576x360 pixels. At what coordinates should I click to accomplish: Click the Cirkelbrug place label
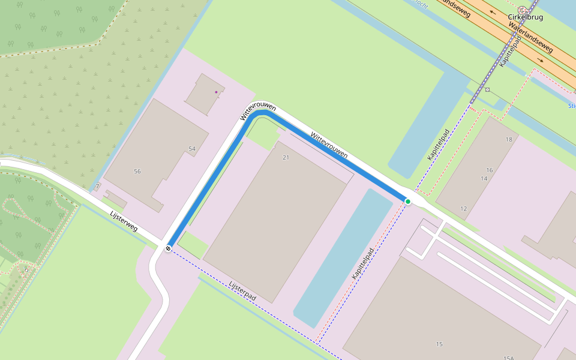click(525, 17)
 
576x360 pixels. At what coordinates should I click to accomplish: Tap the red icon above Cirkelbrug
click(522, 10)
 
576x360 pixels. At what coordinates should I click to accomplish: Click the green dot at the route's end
click(408, 202)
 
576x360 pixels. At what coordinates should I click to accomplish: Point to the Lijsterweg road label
click(124, 221)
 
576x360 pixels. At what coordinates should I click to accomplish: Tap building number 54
click(192, 149)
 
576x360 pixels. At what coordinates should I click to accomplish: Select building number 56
click(137, 172)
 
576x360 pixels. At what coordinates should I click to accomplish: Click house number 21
click(286, 158)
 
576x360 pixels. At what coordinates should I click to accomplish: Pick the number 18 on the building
click(509, 140)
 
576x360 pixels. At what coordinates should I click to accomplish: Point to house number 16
click(489, 170)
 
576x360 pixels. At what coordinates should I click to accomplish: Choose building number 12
click(463, 209)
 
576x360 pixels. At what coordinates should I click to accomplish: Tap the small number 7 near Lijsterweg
click(97, 187)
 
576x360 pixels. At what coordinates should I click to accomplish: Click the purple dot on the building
click(216, 92)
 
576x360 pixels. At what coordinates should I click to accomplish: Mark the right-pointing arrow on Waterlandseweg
click(541, 59)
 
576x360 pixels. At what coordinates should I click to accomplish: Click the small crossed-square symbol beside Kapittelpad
click(488, 89)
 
